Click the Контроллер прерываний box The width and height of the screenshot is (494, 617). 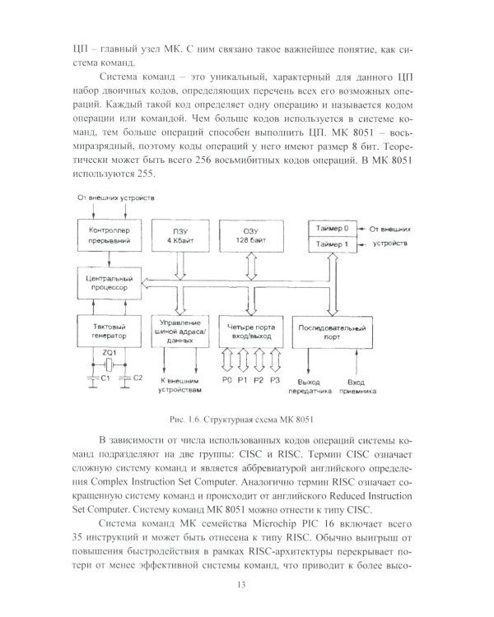click(x=106, y=235)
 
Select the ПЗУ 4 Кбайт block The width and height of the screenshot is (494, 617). click(x=176, y=235)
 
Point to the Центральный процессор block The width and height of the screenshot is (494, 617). click(x=106, y=285)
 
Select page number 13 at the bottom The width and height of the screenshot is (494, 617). click(x=247, y=583)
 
